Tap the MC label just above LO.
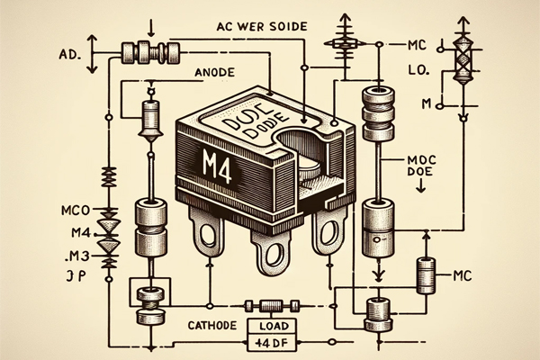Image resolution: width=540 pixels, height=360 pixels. pos(415,42)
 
